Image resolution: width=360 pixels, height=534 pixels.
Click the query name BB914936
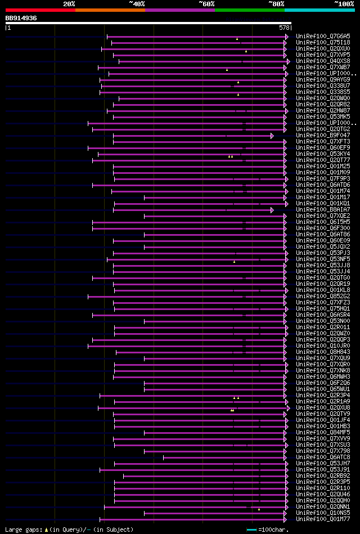coord(21,18)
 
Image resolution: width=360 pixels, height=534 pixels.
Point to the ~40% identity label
coord(137,4)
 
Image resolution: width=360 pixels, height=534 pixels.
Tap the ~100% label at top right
coord(344,4)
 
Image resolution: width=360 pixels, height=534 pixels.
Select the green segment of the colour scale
coord(249,10)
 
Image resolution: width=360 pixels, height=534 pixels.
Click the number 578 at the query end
coord(284,28)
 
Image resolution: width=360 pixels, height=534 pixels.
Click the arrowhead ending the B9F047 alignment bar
coord(272,136)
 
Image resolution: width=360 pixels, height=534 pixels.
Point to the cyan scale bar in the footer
coord(251,529)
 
